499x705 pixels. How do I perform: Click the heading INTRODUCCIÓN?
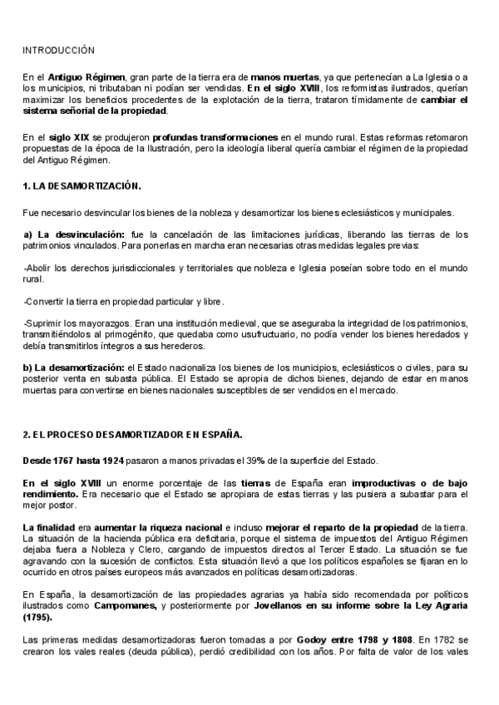59,51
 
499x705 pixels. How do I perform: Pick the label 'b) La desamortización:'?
72,367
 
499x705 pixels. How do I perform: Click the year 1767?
71,461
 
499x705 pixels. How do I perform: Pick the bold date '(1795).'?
41,618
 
